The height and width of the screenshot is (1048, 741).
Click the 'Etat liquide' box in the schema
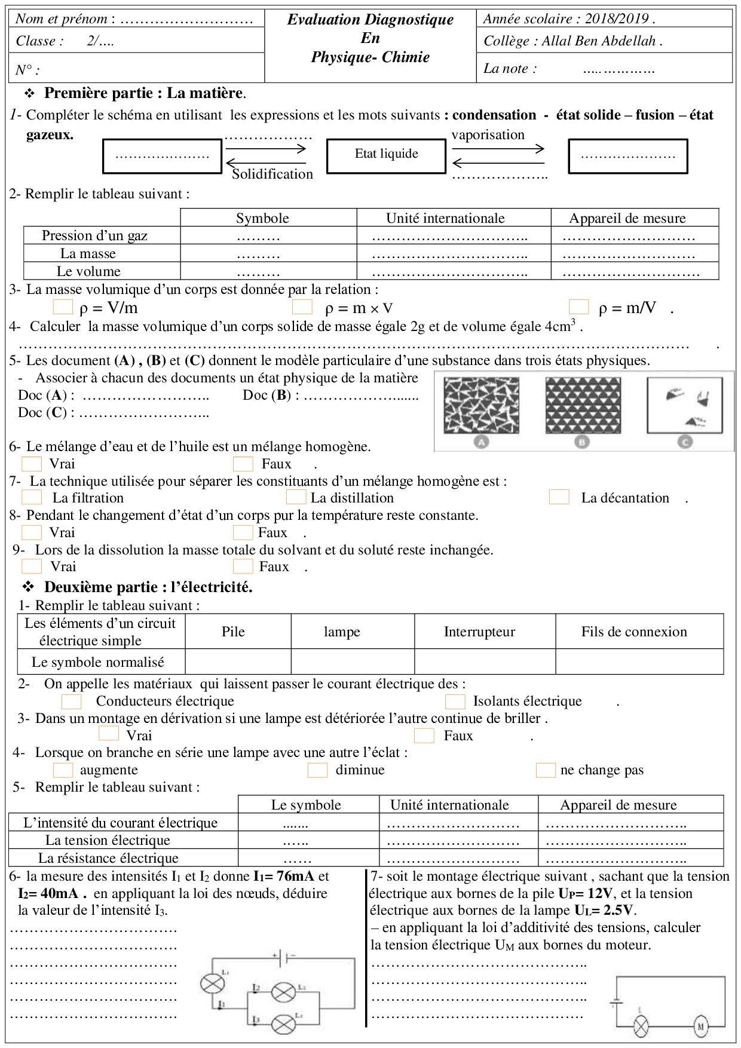[x=386, y=155]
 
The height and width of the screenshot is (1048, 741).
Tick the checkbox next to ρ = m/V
[x=578, y=307]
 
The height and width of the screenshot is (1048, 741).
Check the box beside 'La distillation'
[x=296, y=497]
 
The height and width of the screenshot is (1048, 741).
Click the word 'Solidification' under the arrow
[x=272, y=174]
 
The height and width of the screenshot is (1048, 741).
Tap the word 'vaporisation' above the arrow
[x=488, y=135]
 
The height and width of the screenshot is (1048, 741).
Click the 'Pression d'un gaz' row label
[x=94, y=235]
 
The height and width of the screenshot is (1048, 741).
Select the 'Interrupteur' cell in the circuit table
[x=479, y=632]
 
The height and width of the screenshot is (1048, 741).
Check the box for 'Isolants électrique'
[x=455, y=701]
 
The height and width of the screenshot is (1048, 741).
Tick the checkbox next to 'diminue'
[x=317, y=770]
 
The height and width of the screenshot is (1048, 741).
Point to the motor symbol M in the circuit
[x=700, y=1027]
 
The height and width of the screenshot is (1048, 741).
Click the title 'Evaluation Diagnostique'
[x=370, y=20]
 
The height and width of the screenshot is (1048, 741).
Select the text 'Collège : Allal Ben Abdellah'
[x=572, y=41]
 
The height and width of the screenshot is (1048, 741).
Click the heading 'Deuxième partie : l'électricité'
[x=148, y=587]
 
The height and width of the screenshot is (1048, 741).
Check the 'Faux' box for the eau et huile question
[x=243, y=464]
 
